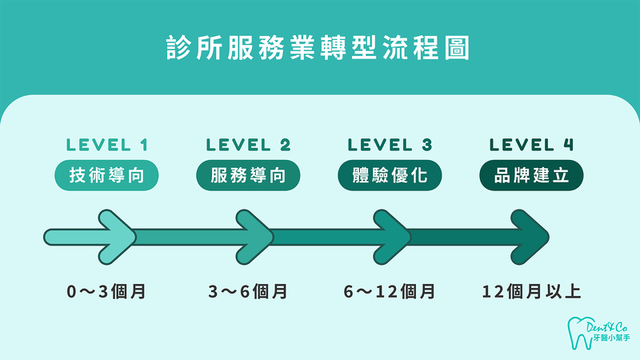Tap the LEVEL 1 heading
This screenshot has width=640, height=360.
point(106,145)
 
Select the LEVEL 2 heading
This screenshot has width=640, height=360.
point(248,145)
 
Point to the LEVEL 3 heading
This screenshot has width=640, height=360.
point(390,145)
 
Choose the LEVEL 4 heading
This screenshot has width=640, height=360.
point(532,145)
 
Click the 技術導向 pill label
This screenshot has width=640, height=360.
point(106,176)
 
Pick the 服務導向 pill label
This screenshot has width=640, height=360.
point(248,176)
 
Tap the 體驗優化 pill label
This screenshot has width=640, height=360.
point(390,176)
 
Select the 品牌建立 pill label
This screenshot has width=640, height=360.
point(532,176)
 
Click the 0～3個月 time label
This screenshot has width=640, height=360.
point(106,291)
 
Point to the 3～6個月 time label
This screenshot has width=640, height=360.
point(248,291)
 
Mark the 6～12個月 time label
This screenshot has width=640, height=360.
point(390,291)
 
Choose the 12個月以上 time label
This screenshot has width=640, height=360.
point(532,291)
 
